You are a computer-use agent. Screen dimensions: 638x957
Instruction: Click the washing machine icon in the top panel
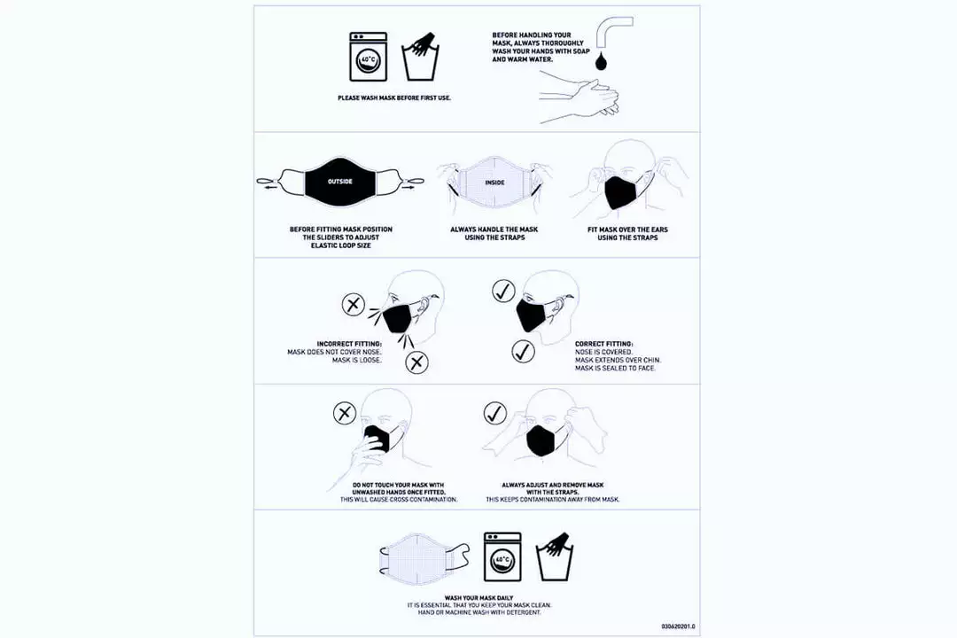click(x=367, y=58)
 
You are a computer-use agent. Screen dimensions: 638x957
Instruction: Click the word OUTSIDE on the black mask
click(x=340, y=182)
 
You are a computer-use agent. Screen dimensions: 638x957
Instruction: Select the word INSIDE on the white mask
click(x=494, y=183)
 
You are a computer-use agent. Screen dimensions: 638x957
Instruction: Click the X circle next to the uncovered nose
click(x=354, y=306)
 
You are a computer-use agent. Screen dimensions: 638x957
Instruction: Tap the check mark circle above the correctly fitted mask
click(x=504, y=291)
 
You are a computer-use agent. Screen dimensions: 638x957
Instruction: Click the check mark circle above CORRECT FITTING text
click(x=524, y=352)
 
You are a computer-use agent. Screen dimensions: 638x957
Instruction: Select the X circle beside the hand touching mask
click(x=345, y=413)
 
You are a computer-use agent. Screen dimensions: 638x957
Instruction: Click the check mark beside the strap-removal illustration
click(x=494, y=413)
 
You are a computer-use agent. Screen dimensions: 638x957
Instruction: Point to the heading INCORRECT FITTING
click(x=349, y=344)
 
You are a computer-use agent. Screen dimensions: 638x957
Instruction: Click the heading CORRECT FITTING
click(x=604, y=344)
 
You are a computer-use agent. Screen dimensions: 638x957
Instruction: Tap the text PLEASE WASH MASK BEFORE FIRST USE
click(x=394, y=97)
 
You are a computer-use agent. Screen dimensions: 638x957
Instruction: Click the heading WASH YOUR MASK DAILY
click(x=478, y=598)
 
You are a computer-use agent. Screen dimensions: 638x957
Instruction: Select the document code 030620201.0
click(x=678, y=626)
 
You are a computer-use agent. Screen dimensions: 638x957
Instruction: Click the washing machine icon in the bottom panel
click(x=502, y=557)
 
